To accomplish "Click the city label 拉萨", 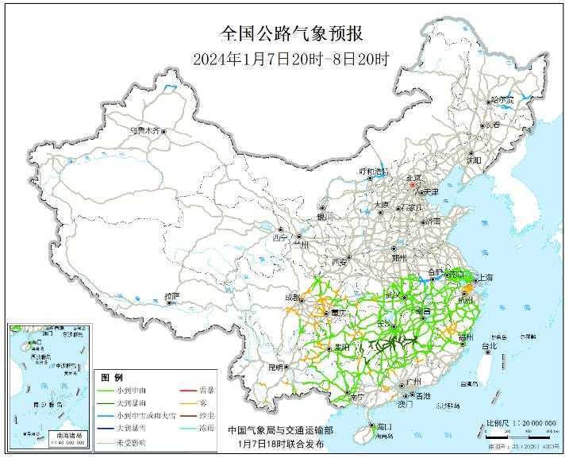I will pyautogui.click(x=172, y=296).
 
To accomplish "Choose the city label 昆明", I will pyautogui.click(x=275, y=368).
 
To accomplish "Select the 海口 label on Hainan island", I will pyautogui.click(x=384, y=426).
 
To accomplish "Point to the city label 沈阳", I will pyautogui.click(x=475, y=159).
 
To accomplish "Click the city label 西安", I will pyautogui.click(x=339, y=260).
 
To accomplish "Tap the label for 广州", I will pyautogui.click(x=412, y=382).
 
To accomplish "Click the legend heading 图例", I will pyautogui.click(x=112, y=375).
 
